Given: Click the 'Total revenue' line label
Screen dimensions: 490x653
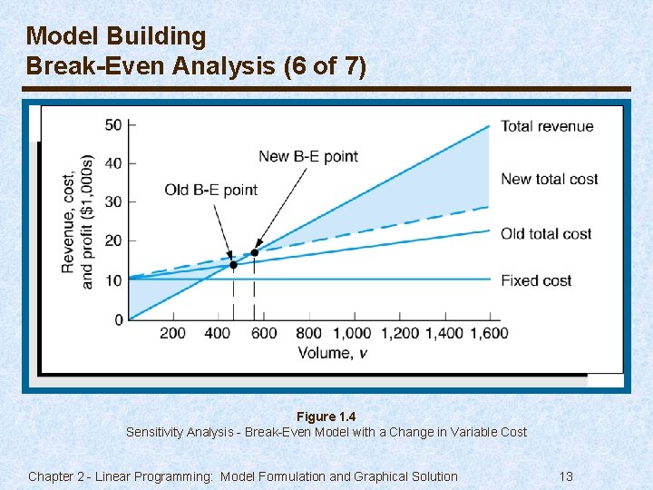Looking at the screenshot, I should point(547,126).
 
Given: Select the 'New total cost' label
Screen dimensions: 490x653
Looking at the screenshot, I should point(549,179).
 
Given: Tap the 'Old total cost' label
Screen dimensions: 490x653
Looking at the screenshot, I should point(546,234).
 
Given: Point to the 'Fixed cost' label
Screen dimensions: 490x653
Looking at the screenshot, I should point(536,280).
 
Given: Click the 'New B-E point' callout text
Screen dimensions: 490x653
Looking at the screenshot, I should point(308,156).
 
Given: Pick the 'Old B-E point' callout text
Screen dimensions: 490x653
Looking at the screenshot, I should point(211,190).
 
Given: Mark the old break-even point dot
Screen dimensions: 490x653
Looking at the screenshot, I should point(233,265).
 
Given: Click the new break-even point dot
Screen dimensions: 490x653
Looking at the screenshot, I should point(254,253).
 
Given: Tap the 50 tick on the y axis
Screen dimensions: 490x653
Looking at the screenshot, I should point(114,124).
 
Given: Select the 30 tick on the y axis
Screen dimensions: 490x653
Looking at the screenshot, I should point(114,201).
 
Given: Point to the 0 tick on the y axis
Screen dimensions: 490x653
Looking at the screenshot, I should point(119,319).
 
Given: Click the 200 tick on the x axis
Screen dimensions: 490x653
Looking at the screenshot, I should point(173,333).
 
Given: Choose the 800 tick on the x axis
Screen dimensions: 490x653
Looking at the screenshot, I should point(309,333).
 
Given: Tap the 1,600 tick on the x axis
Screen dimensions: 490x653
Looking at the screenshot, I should point(491,333).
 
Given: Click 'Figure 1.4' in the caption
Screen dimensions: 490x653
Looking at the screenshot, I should point(326,416).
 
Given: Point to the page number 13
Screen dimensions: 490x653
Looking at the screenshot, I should point(566,476).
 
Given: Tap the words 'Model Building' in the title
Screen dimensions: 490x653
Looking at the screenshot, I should point(116,36).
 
